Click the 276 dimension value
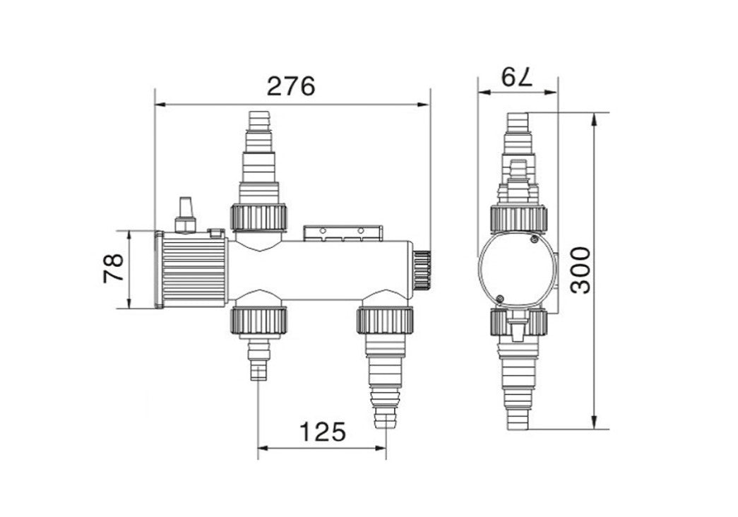291,86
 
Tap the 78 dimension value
114,268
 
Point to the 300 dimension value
580,270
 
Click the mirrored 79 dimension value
517,77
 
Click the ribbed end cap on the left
193,269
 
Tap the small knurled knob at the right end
422,269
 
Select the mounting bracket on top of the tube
343,232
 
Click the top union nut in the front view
258,217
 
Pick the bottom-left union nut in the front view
258,321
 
